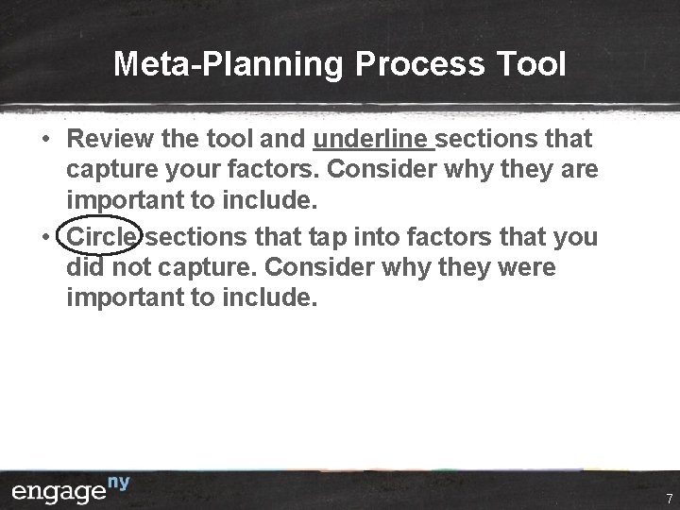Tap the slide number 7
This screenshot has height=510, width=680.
pyautogui.click(x=669, y=498)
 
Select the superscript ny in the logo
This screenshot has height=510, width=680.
pyautogui.click(x=117, y=484)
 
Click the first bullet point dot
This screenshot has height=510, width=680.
pyautogui.click(x=45, y=140)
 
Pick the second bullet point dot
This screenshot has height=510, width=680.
pyautogui.click(x=45, y=237)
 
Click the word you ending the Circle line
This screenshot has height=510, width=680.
pyautogui.click(x=571, y=237)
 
